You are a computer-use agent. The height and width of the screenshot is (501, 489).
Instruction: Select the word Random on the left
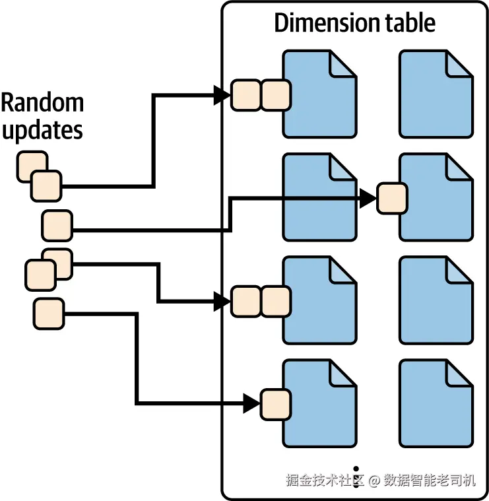[x=42, y=103]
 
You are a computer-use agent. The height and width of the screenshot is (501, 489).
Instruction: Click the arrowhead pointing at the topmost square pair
[x=222, y=95]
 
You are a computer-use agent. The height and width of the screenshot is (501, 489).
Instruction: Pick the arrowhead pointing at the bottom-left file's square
[x=251, y=404]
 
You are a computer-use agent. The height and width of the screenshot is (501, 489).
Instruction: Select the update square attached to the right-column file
[x=391, y=199]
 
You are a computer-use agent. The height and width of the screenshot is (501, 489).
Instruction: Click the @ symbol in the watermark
[x=375, y=481]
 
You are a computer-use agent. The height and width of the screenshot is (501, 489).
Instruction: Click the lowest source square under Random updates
[x=49, y=314]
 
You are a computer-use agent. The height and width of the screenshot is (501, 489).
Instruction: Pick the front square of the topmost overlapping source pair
[x=46, y=185]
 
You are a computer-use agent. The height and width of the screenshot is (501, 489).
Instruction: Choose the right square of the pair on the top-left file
[x=276, y=95]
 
